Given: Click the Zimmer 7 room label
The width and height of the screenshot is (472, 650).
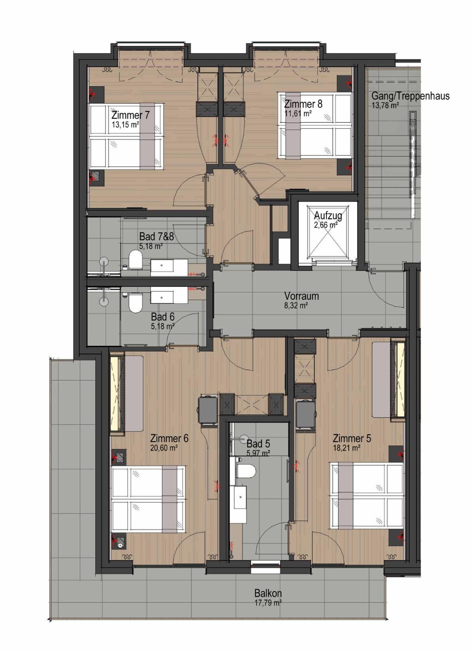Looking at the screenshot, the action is tap(130, 115).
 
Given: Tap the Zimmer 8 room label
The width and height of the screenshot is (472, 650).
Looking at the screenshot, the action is tap(303, 104).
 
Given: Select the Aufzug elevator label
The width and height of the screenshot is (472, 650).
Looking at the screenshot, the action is tap(328, 216).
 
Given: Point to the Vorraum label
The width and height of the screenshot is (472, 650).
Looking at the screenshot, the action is tap(302, 296).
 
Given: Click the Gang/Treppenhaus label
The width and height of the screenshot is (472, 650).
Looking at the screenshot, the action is tap(410, 96).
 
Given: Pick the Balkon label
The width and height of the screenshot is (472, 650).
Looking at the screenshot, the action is tap(268, 593).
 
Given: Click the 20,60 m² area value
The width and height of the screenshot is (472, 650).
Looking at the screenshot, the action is tap(164, 448).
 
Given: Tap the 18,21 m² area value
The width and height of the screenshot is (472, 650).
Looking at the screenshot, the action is tap(347, 448).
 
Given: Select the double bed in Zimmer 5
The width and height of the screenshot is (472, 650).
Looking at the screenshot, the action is tap(367, 496).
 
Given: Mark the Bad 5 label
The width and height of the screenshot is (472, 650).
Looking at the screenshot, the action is tap(258, 444).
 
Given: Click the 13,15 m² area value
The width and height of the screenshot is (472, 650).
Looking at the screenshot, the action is tap(125, 124).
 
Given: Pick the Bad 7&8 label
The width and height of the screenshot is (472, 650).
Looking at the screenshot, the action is tap(156, 236).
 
